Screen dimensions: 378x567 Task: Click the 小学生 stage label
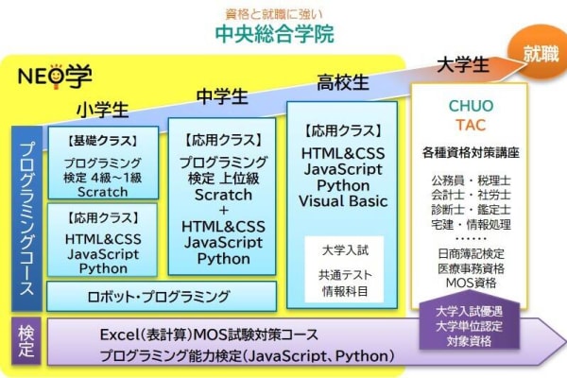tap(102, 110)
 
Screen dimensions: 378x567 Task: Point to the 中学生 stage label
tap(222, 97)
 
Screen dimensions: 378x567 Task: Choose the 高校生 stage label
tap(342, 82)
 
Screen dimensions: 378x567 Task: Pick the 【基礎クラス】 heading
tap(103, 141)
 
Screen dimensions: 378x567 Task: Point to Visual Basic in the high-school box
tap(343, 201)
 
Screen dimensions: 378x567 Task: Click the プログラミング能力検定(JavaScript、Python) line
tap(247, 356)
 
